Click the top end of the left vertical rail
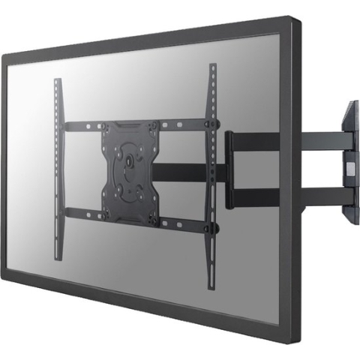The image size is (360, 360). [57, 81]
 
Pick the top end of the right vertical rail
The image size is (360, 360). [212, 67]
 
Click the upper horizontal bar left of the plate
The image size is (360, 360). [82, 126]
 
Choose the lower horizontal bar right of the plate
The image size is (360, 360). [187, 220]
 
